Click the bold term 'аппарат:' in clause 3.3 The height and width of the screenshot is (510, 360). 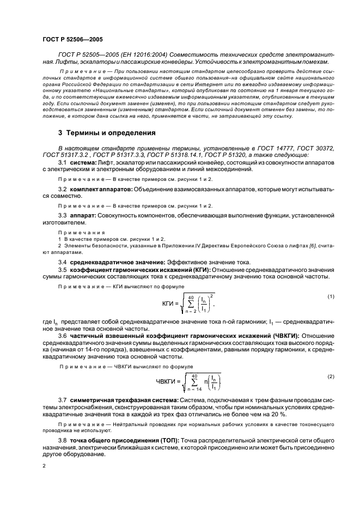click(x=83, y=216)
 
